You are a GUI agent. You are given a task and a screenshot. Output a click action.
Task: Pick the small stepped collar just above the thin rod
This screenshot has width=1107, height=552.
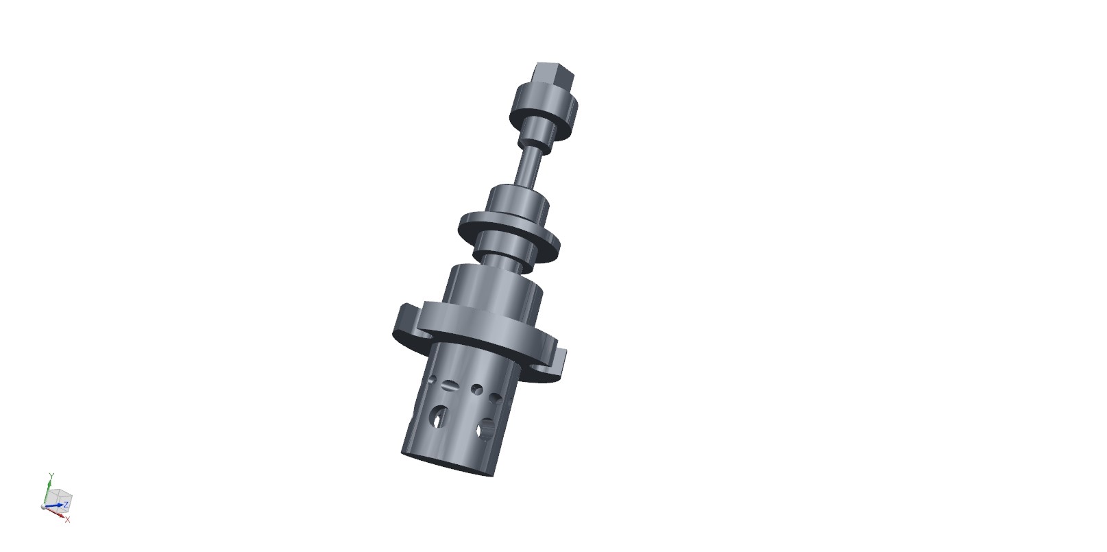click(541, 136)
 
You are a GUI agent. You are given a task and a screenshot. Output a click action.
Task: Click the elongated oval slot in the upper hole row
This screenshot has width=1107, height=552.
click(450, 385)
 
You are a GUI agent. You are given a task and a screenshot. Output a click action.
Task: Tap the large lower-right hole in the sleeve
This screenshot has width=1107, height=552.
click(487, 431)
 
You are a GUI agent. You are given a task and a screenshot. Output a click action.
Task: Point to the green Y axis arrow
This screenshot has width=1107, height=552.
click(47, 490)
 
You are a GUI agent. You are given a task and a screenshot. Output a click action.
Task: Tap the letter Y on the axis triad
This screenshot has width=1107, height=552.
click(51, 475)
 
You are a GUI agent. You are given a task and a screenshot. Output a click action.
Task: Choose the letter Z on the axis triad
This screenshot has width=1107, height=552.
click(66, 505)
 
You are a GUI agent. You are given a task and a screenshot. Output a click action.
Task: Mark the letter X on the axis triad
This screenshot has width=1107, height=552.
click(67, 520)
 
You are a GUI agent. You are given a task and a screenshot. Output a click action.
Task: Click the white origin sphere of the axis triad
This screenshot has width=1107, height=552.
click(44, 507)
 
